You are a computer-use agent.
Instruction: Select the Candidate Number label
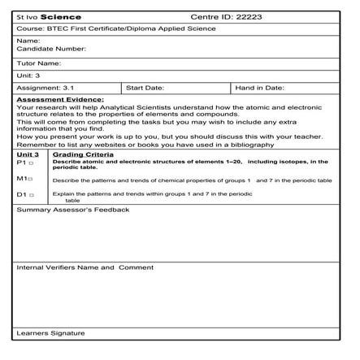pos(51,49)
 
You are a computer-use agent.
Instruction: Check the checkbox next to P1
pos(32,163)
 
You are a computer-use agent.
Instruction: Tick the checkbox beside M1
pos(32,178)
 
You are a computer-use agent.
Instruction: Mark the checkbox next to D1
pos(32,195)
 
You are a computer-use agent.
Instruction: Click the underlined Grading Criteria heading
pos(83,154)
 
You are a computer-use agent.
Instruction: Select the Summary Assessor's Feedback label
pos(73,209)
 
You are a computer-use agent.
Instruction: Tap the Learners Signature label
pos(50,333)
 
